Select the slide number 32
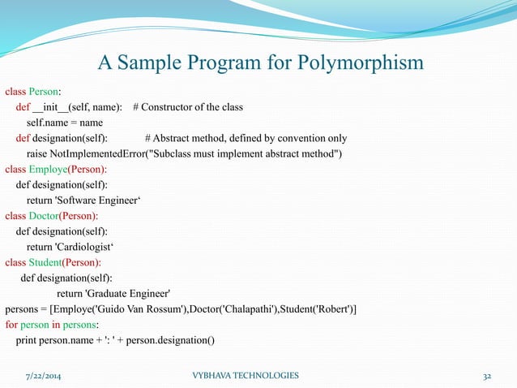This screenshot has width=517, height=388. (487, 375)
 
